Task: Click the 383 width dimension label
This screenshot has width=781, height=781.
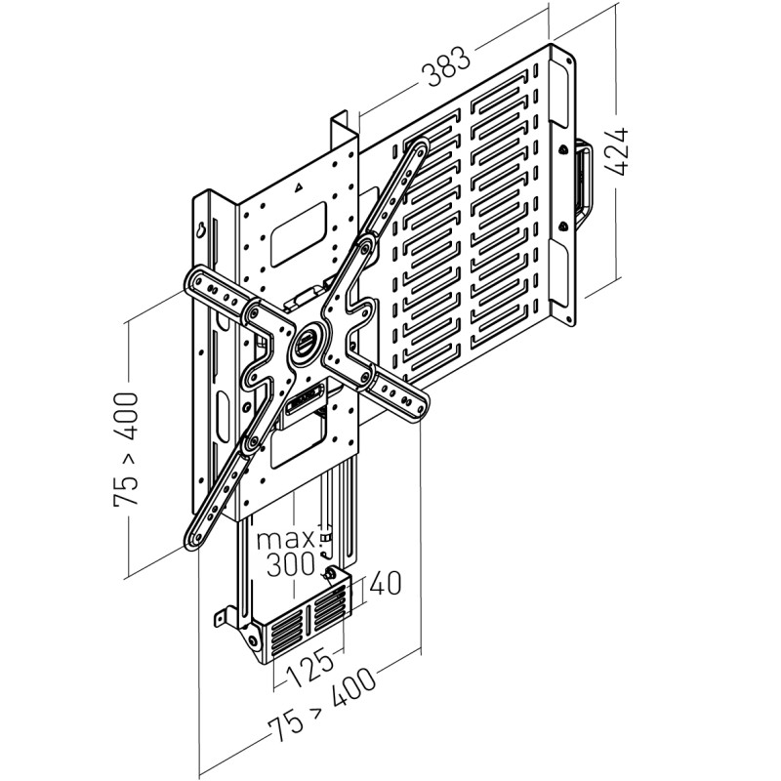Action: [448, 70]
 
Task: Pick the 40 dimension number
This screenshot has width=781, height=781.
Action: [387, 585]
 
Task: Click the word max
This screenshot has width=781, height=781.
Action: [287, 539]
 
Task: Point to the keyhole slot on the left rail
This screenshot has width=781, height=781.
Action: [200, 230]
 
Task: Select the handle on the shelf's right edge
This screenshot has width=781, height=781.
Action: [583, 182]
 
